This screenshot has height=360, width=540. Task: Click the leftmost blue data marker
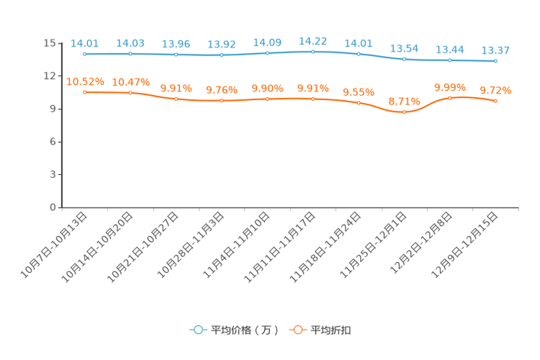[x=86, y=54]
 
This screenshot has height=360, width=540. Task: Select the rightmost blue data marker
[x=496, y=62]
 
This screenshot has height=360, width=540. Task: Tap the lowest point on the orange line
[x=404, y=112]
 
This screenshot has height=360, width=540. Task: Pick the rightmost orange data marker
[x=496, y=102]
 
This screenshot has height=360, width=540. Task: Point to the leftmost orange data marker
[x=86, y=92]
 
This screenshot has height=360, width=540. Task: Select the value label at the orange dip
[x=404, y=101]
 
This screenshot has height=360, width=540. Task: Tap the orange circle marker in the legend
[x=298, y=330]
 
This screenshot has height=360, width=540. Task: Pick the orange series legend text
[x=331, y=330]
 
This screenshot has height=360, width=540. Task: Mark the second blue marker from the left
[x=131, y=54]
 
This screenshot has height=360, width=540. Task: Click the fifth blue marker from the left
[x=268, y=53]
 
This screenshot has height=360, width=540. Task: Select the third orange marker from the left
[x=176, y=99]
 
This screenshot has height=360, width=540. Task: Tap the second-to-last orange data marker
[x=450, y=98]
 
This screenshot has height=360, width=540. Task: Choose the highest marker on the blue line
[x=313, y=52]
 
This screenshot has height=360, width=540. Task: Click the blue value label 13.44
[x=450, y=49]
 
